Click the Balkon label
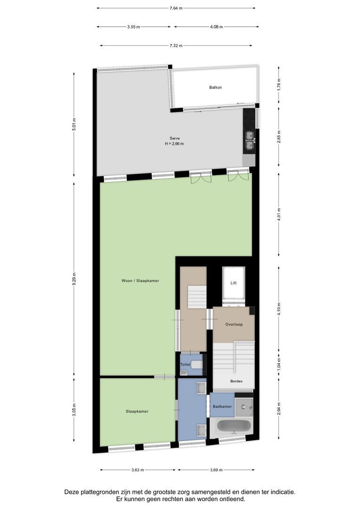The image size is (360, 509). [215, 88]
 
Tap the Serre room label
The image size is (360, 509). [174, 138]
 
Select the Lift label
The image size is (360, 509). [233, 283]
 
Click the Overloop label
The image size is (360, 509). [234, 324]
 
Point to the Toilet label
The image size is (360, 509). [185, 365]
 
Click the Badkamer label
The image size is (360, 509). [221, 406]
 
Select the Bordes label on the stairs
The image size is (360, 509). [236, 381]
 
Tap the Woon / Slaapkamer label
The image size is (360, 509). [140, 280]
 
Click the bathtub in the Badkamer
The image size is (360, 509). [233, 427]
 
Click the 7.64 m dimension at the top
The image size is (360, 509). [176, 8]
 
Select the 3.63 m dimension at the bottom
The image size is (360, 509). [137, 470]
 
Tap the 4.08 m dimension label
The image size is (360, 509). [216, 27]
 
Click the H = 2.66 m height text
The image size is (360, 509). [174, 144]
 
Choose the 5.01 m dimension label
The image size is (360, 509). [74, 125]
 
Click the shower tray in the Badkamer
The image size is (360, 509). [245, 407]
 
